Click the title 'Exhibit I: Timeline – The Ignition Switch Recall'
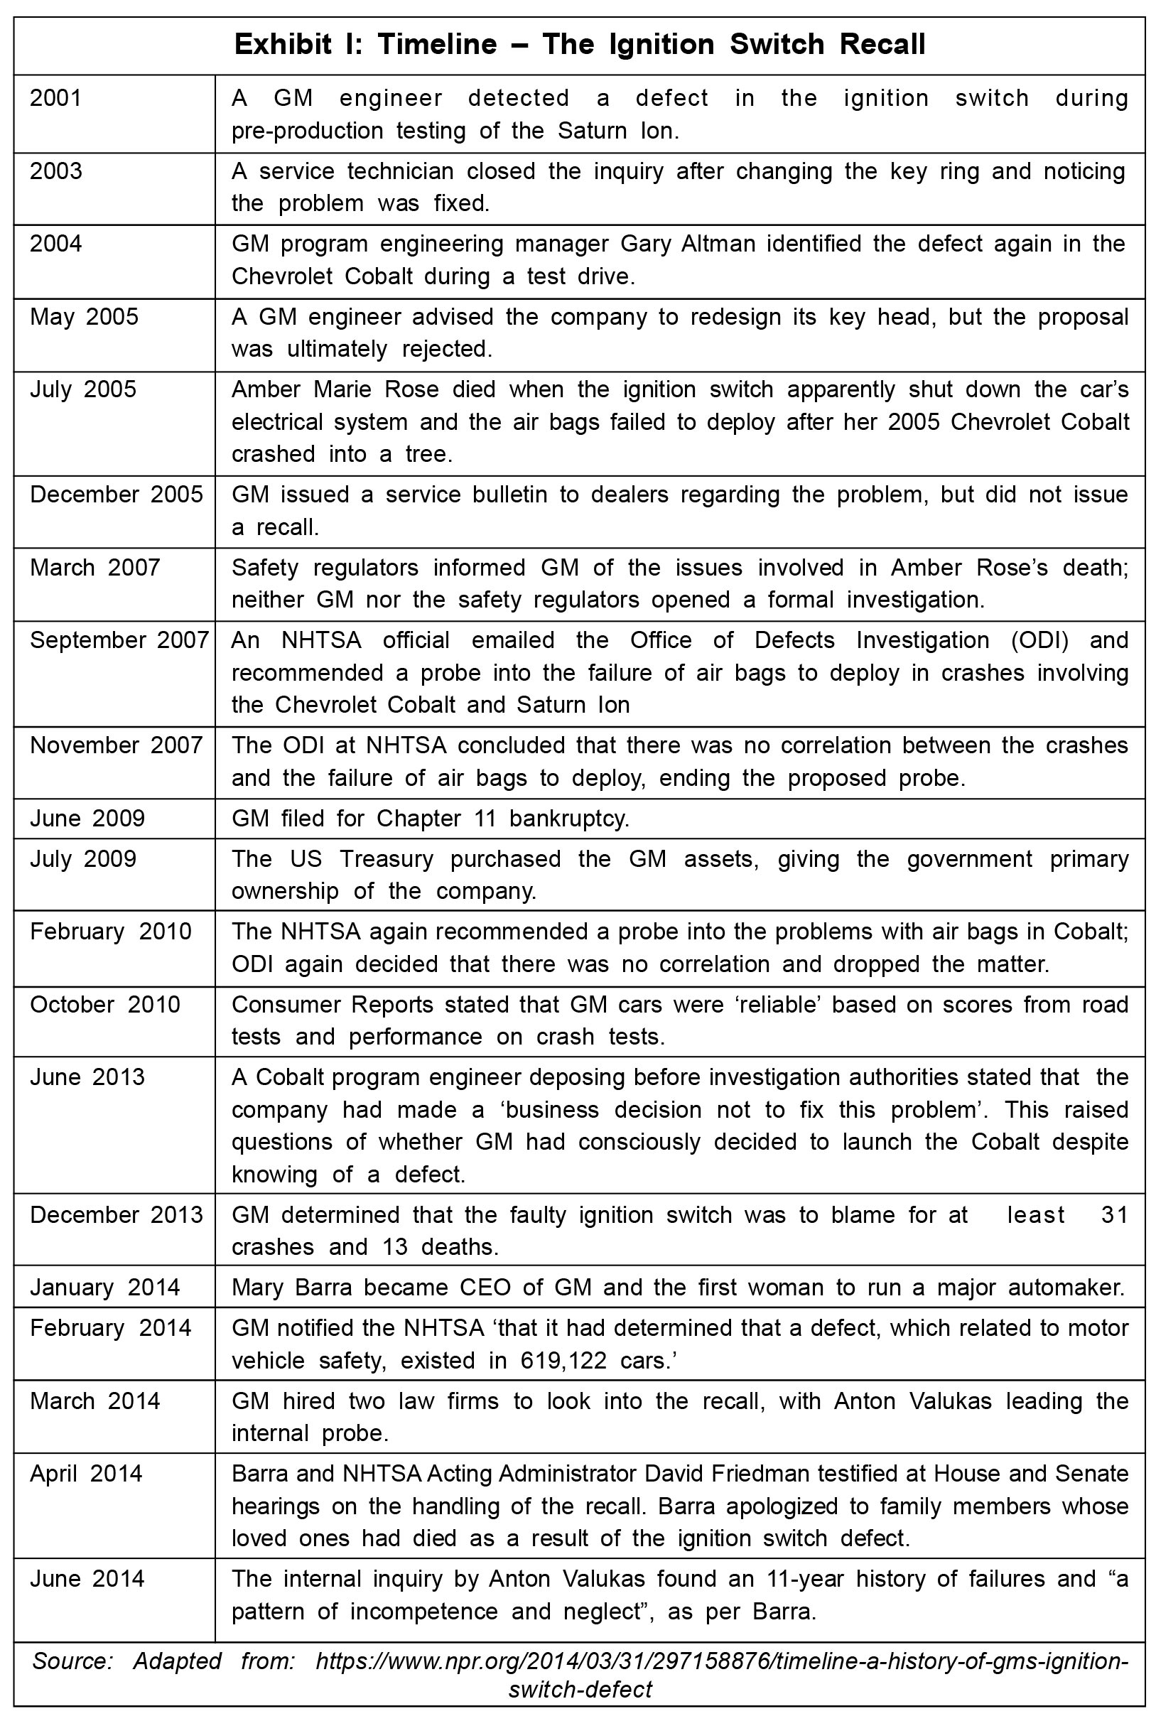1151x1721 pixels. pos(579,45)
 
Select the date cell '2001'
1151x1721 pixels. pos(56,98)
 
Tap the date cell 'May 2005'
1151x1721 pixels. pos(84,316)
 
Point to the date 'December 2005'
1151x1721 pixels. pos(116,494)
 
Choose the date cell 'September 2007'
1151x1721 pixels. pos(119,640)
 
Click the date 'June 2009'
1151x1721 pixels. pos(87,819)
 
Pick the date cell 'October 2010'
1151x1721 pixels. pos(105,1004)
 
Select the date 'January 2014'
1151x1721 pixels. pos(105,1288)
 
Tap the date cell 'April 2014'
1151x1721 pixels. pos(86,1474)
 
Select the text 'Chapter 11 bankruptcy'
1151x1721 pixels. pos(503,819)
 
